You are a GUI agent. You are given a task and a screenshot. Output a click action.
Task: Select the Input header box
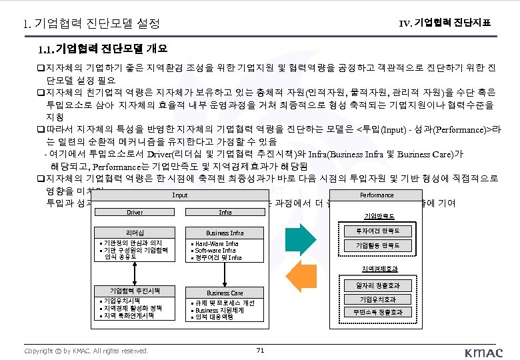pos(180,195)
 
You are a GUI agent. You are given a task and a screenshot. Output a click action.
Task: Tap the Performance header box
pos(377,195)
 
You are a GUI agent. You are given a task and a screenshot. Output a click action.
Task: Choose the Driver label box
pos(135,213)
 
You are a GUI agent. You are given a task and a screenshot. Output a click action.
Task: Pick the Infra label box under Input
pos(225,213)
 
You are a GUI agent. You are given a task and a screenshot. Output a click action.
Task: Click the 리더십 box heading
pos(135,233)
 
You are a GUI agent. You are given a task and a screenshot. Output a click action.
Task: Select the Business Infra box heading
pos(225,233)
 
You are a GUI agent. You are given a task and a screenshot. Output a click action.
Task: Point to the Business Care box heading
pos(225,293)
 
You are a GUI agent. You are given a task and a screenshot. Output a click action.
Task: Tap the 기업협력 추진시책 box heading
pos(135,291)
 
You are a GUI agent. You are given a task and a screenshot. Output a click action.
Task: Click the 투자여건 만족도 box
pos(377,231)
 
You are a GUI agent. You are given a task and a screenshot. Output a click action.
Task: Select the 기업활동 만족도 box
pos(377,245)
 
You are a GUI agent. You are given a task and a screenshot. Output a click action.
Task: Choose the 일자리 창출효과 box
pos(377,285)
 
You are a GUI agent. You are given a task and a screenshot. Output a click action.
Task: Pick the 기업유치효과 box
pos(377,299)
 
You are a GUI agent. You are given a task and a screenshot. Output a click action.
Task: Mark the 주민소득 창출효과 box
pos(377,312)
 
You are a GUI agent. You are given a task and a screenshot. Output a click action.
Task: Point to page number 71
pos(260,350)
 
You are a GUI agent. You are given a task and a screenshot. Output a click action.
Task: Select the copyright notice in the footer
pos(86,351)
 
